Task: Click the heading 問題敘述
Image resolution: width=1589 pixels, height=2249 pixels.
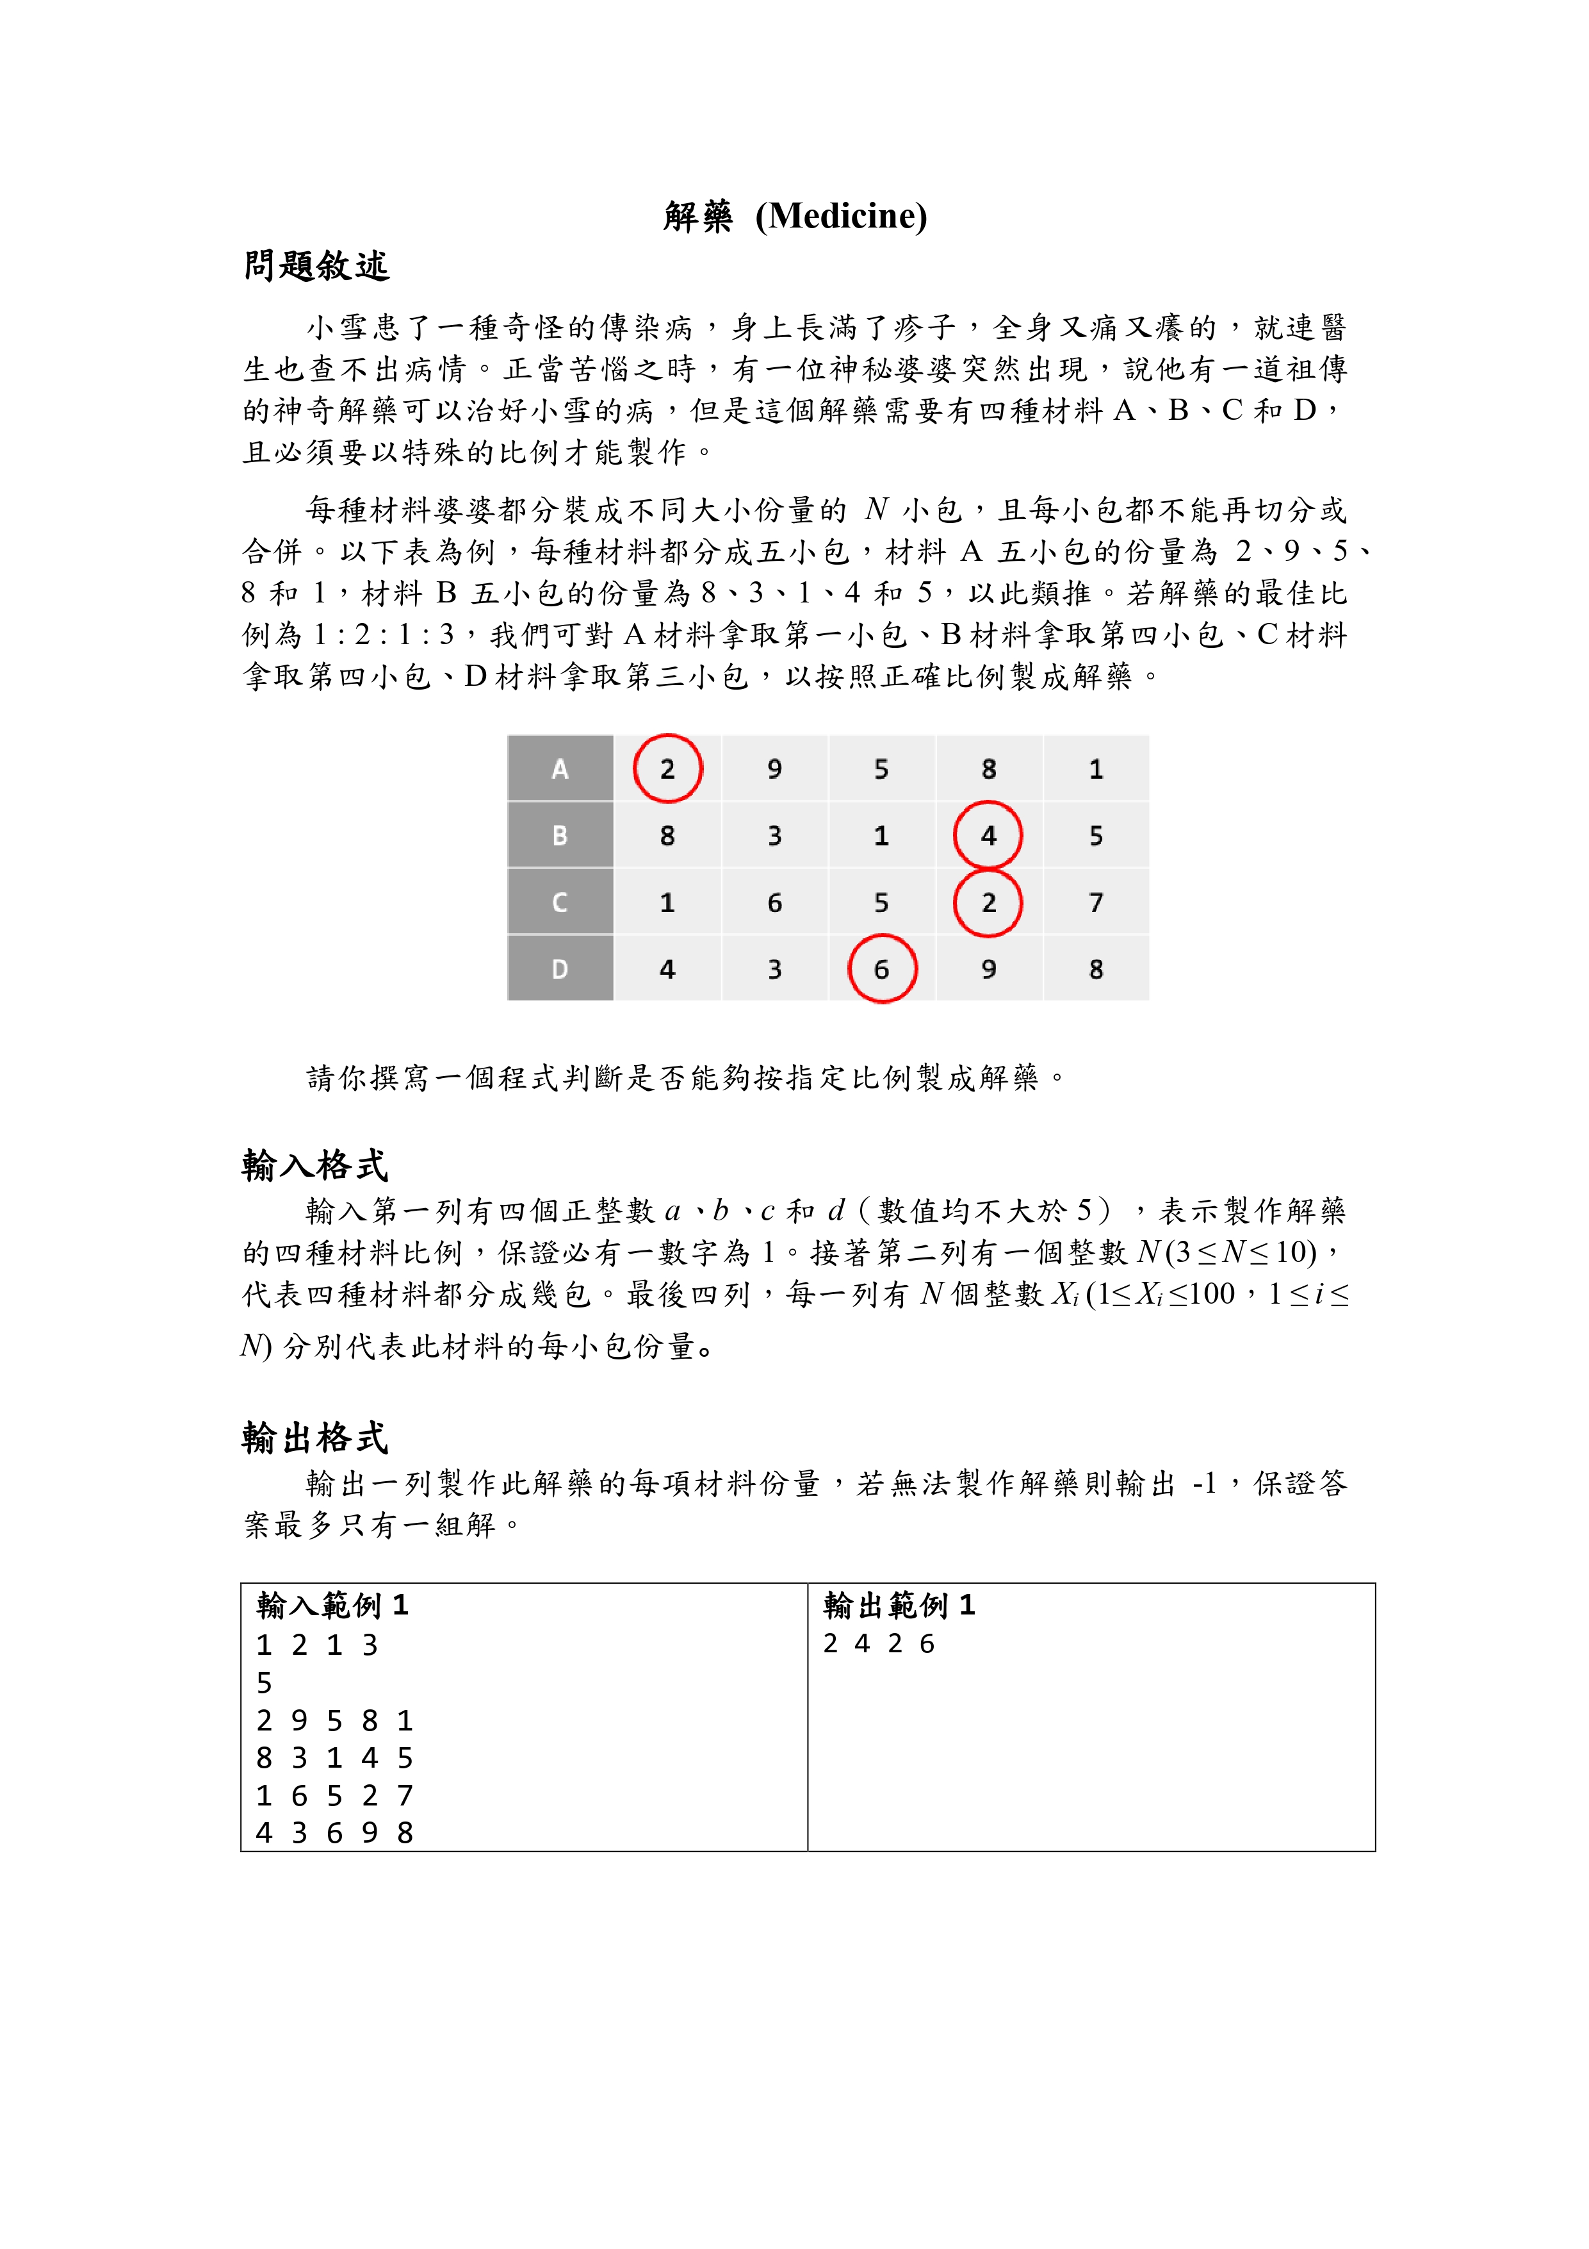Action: click(316, 265)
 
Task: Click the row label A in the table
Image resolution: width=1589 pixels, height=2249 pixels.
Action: click(560, 769)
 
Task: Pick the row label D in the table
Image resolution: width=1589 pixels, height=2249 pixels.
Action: click(560, 968)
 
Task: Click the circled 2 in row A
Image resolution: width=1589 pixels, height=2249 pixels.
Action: click(668, 769)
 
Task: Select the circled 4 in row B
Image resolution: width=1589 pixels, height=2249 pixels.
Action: click(989, 836)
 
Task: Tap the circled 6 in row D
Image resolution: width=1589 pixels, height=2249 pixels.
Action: click(882, 968)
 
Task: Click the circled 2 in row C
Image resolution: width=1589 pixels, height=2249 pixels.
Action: click(989, 902)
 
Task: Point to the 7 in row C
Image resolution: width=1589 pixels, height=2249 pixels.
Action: click(1096, 902)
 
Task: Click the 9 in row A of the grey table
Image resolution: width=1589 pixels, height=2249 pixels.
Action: click(774, 769)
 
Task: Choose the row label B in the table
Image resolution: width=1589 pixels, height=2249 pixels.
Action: click(560, 836)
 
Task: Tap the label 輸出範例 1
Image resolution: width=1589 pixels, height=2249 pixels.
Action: click(899, 1604)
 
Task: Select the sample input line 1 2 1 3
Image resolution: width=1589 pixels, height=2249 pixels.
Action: click(317, 1645)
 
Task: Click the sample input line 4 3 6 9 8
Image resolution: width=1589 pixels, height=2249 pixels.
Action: click(335, 1832)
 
